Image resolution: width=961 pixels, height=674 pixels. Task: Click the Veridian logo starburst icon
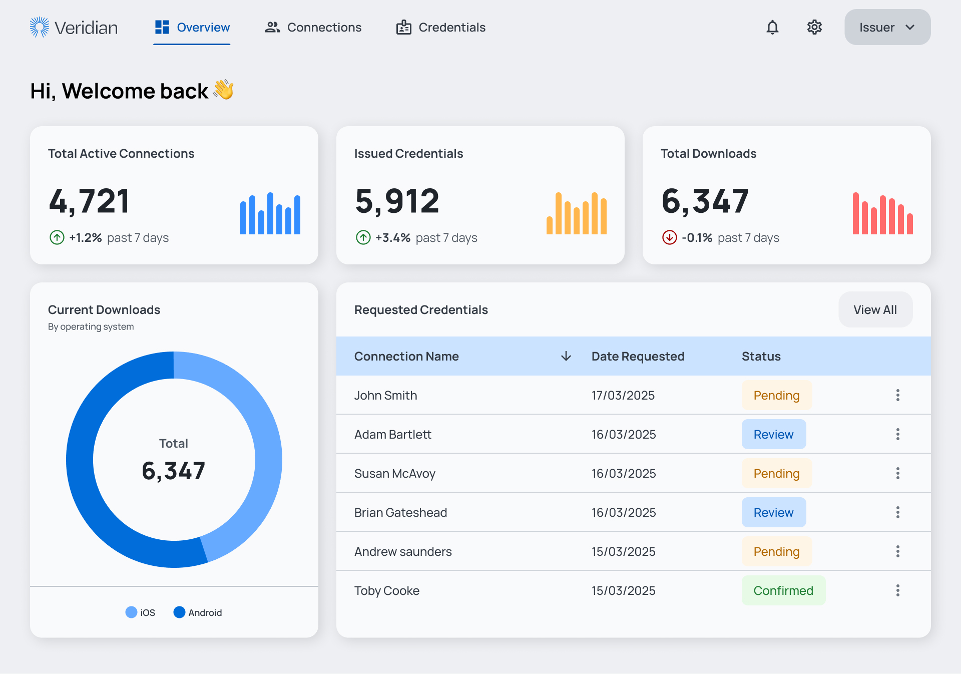pyautogui.click(x=40, y=27)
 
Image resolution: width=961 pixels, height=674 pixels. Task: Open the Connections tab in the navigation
pyautogui.click(x=313, y=28)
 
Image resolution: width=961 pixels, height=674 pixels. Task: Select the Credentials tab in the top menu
pyautogui.click(x=441, y=28)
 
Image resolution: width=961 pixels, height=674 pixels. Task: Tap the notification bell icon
pyautogui.click(x=772, y=27)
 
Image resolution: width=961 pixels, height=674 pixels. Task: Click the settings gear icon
pyautogui.click(x=814, y=27)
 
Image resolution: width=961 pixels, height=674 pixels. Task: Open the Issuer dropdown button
pyautogui.click(x=887, y=27)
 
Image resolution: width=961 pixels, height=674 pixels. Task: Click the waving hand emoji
pyautogui.click(x=223, y=90)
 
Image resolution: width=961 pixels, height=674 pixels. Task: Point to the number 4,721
pyautogui.click(x=90, y=201)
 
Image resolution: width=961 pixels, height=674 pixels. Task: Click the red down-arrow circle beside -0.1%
pyautogui.click(x=669, y=237)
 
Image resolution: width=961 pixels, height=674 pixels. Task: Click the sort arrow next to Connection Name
pyautogui.click(x=566, y=356)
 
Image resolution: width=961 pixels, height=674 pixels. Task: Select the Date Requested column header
pyautogui.click(x=638, y=356)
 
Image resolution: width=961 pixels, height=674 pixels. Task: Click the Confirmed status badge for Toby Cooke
pyautogui.click(x=783, y=590)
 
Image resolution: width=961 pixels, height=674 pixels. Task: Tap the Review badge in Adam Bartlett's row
pyautogui.click(x=773, y=434)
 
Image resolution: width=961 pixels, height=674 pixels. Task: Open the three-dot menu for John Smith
pyautogui.click(x=897, y=395)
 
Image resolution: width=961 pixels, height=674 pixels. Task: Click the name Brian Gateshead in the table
pyautogui.click(x=400, y=512)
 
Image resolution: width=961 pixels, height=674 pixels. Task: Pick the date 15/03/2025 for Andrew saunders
pyautogui.click(x=623, y=551)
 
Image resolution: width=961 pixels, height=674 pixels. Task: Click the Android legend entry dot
pyautogui.click(x=179, y=612)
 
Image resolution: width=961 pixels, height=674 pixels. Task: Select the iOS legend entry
pyautogui.click(x=140, y=612)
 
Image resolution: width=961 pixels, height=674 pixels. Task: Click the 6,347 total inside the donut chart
pyautogui.click(x=174, y=471)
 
